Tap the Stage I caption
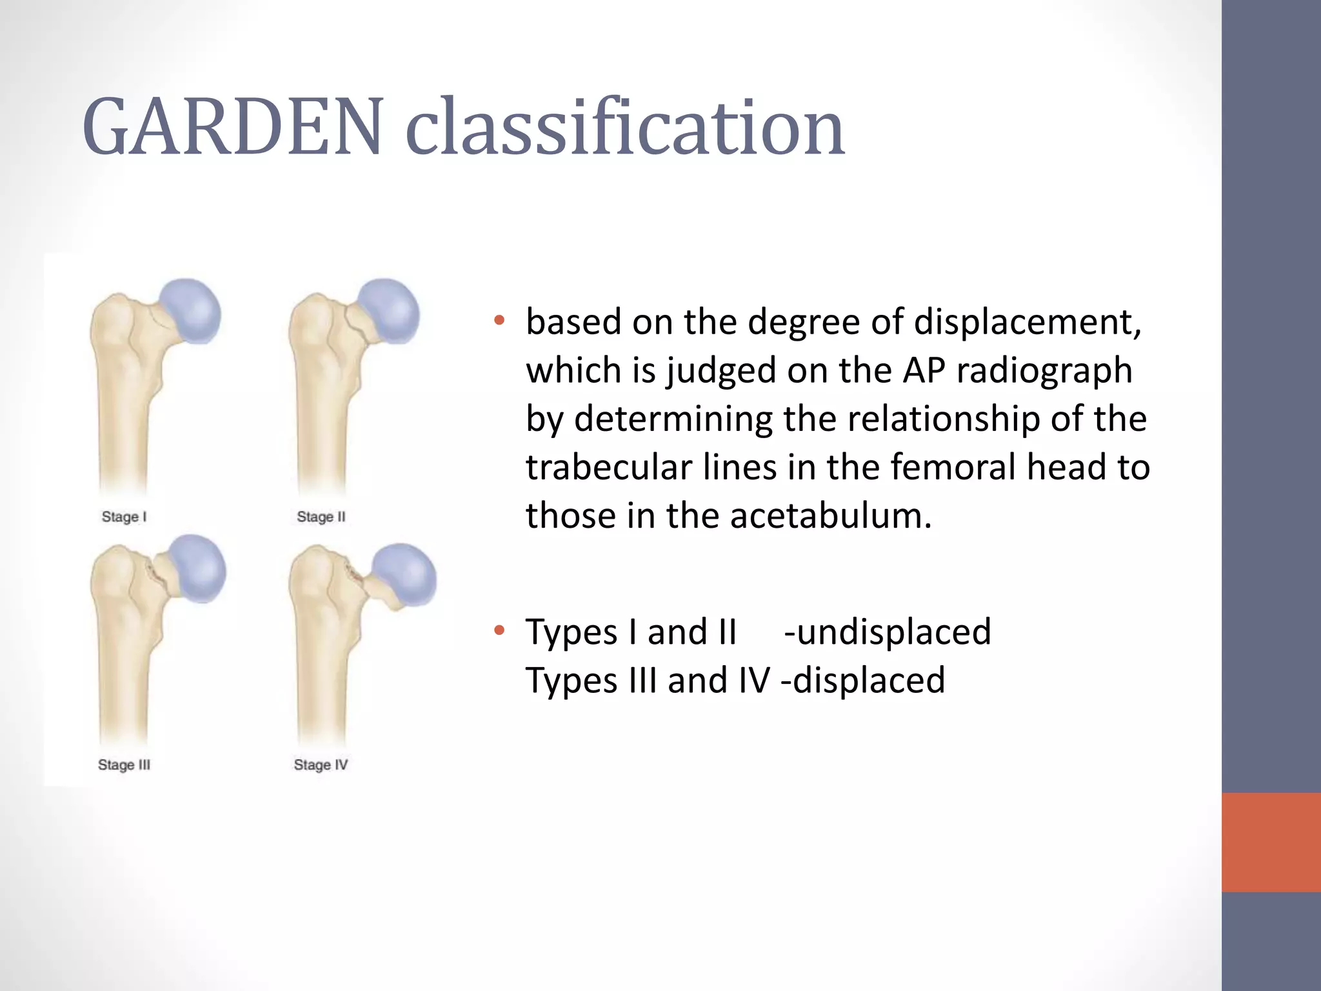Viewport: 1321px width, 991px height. point(124,517)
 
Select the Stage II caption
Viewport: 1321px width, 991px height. point(321,517)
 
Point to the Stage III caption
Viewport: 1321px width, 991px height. point(124,765)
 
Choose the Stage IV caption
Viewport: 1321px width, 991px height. point(321,765)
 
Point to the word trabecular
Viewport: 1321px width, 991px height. point(609,467)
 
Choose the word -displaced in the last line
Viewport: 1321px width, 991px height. point(863,680)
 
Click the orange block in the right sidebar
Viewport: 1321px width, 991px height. point(1271,842)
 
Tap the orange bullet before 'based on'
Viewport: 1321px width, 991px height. point(499,321)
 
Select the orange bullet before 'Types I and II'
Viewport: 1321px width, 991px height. point(499,630)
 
